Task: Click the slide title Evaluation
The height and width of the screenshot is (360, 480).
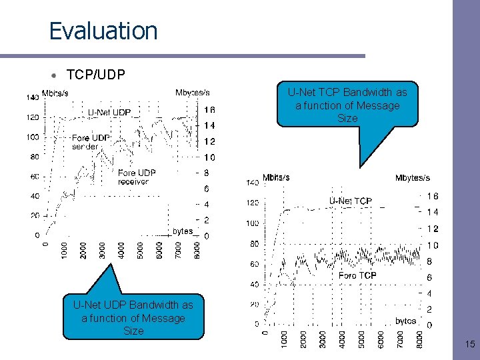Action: coord(103,31)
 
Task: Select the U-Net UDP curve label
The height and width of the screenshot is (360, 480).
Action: coord(109,112)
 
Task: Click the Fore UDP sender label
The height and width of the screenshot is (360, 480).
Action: coord(91,142)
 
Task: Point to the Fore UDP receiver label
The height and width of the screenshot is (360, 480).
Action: coord(137,177)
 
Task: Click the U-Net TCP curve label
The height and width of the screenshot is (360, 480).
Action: coord(350,201)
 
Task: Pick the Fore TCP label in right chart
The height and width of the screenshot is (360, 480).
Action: coord(357,275)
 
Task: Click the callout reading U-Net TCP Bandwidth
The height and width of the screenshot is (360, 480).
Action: coord(347,105)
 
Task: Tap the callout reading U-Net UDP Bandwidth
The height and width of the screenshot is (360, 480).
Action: coord(133,317)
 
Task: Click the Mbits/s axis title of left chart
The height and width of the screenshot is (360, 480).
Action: coord(55,93)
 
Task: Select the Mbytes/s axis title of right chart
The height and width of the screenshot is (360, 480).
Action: coord(413,177)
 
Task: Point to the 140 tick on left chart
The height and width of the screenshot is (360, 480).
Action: coord(32,97)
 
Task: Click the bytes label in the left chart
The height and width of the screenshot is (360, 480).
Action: coord(183,231)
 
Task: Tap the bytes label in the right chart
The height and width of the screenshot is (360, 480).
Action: coord(405,321)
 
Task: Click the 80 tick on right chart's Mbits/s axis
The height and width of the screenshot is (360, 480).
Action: coord(254,244)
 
